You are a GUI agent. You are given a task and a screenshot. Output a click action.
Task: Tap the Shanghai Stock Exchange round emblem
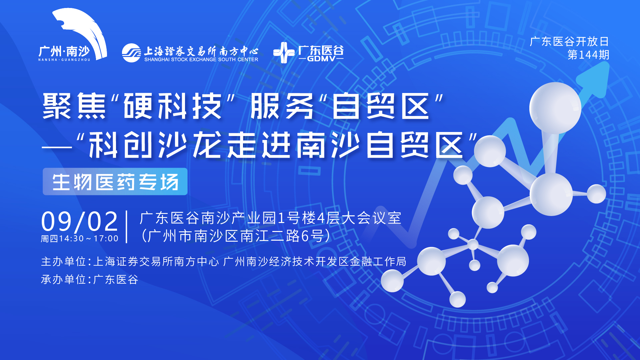click(131, 53)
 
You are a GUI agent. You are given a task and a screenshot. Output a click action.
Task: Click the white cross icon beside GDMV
click(284, 53)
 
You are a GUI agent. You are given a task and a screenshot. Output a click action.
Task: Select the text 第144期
click(588, 55)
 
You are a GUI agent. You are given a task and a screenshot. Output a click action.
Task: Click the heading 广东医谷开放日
click(569, 41)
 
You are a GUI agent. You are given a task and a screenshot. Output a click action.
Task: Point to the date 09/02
click(80, 222)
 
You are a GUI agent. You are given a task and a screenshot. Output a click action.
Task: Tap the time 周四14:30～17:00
click(80, 239)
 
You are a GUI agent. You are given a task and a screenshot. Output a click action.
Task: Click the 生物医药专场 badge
click(115, 182)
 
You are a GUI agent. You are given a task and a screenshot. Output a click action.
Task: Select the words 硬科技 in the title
click(173, 106)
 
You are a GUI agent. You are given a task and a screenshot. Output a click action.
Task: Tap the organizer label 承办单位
click(63, 279)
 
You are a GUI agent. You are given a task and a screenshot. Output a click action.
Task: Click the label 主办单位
click(63, 261)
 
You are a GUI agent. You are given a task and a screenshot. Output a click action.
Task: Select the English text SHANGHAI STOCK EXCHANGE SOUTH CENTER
click(201, 60)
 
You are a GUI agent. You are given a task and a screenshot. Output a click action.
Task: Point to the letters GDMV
click(321, 59)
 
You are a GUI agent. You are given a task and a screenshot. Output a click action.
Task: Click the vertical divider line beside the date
click(127, 227)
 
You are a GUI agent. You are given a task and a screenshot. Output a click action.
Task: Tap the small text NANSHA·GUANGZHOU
click(64, 60)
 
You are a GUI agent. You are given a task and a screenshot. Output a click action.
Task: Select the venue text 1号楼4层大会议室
click(339, 218)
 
